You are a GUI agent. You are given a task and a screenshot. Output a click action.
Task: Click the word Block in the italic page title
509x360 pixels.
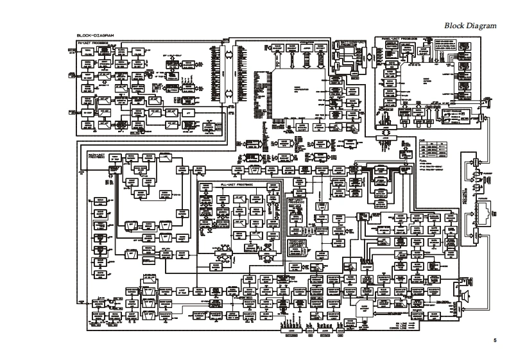point(454,25)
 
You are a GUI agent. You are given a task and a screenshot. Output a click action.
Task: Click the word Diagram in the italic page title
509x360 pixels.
point(481,25)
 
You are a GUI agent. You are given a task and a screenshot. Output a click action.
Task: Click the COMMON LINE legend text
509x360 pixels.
point(402,323)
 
